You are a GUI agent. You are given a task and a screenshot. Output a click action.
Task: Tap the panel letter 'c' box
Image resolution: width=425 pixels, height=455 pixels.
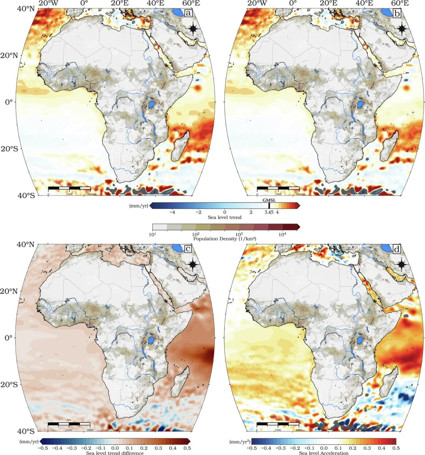[x=189, y=249]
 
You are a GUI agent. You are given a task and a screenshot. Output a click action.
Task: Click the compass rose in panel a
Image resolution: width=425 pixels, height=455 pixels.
[x=193, y=29]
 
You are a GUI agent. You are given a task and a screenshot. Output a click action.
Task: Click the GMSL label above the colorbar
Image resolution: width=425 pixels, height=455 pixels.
[x=270, y=200]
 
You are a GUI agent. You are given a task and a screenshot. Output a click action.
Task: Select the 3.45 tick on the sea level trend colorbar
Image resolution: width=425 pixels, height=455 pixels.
[x=269, y=212]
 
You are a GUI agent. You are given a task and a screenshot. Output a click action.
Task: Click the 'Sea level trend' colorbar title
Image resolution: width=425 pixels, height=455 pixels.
[x=225, y=218]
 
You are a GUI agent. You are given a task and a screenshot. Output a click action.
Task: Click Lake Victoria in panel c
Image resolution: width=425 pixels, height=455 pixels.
[x=151, y=341]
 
